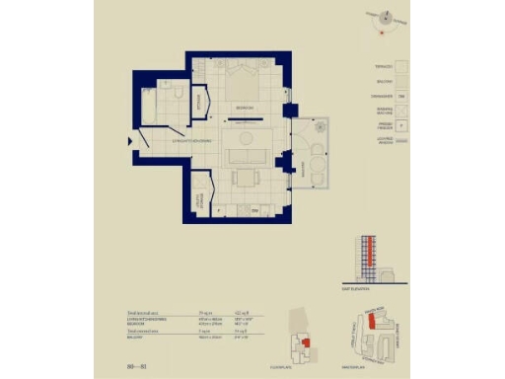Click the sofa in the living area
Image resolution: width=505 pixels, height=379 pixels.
tap(243, 156)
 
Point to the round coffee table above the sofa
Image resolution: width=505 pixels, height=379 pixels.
tap(244, 135)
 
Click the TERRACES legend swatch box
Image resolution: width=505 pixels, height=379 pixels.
tap(401, 66)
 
